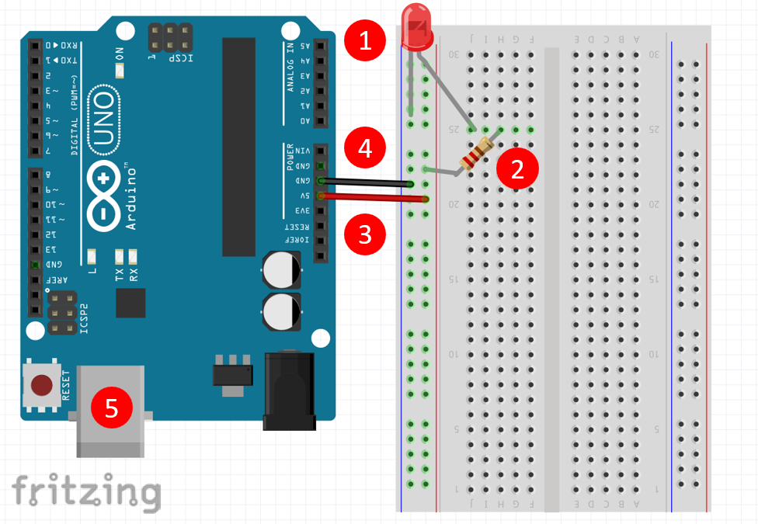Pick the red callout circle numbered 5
point(112,408)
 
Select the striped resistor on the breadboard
point(475,154)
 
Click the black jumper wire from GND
point(365,182)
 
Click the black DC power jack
point(289,391)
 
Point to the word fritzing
point(85,491)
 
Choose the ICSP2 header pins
point(61,313)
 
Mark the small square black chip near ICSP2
point(130,303)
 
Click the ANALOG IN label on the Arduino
point(290,68)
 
